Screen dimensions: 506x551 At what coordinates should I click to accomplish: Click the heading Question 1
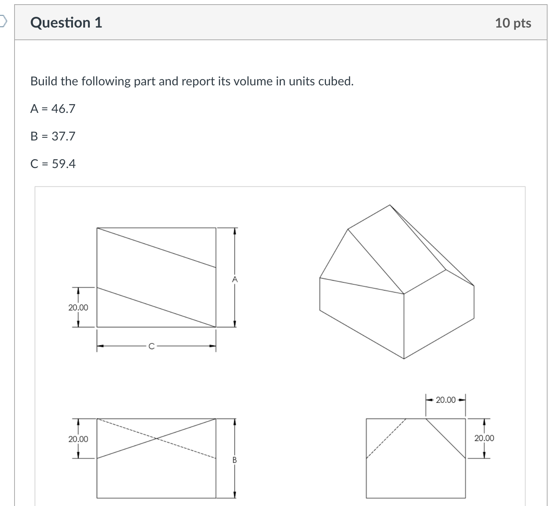66,23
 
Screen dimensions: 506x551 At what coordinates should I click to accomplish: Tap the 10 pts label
513,23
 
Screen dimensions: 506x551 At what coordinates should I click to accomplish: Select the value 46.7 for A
63,109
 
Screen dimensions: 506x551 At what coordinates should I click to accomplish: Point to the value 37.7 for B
63,136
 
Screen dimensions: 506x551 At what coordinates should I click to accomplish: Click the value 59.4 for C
64,164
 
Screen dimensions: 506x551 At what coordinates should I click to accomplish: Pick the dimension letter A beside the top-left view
235,280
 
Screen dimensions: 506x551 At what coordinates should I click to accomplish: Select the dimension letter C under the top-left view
151,346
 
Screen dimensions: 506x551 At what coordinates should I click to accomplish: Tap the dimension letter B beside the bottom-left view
235,460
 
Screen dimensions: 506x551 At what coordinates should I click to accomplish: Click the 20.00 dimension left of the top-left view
78,307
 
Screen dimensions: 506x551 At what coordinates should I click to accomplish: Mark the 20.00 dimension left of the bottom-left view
78,439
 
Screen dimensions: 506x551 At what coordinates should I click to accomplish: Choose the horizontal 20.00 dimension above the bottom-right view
446,400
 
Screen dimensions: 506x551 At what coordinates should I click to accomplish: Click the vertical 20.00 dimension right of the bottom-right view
484,438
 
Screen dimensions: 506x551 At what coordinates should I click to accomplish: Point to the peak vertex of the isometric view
390,205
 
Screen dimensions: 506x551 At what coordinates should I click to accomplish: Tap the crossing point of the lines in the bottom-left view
156,438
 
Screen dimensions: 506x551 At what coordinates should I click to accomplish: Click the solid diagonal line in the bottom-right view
446,438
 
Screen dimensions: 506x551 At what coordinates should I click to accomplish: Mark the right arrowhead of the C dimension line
213,346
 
